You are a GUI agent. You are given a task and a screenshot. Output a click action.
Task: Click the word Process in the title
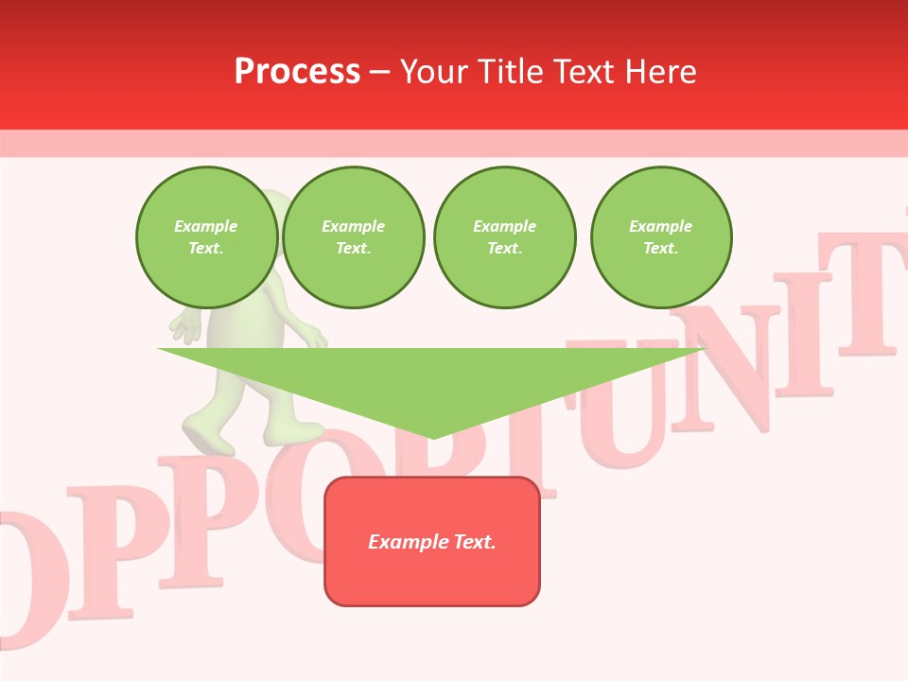coord(297,72)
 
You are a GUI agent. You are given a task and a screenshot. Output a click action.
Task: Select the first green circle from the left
coord(206,237)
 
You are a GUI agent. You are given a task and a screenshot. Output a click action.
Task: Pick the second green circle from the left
coord(353,237)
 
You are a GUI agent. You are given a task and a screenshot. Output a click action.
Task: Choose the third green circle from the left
coord(504,237)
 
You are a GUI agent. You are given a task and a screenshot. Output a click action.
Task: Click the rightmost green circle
coord(660,237)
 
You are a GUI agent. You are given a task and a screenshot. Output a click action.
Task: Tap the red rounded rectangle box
coord(432,541)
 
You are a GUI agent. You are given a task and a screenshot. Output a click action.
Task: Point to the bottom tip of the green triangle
coord(433,437)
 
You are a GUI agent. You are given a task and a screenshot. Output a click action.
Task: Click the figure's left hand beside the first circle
coord(186,326)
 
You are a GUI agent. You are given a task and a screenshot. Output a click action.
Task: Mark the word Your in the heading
coord(435,72)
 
